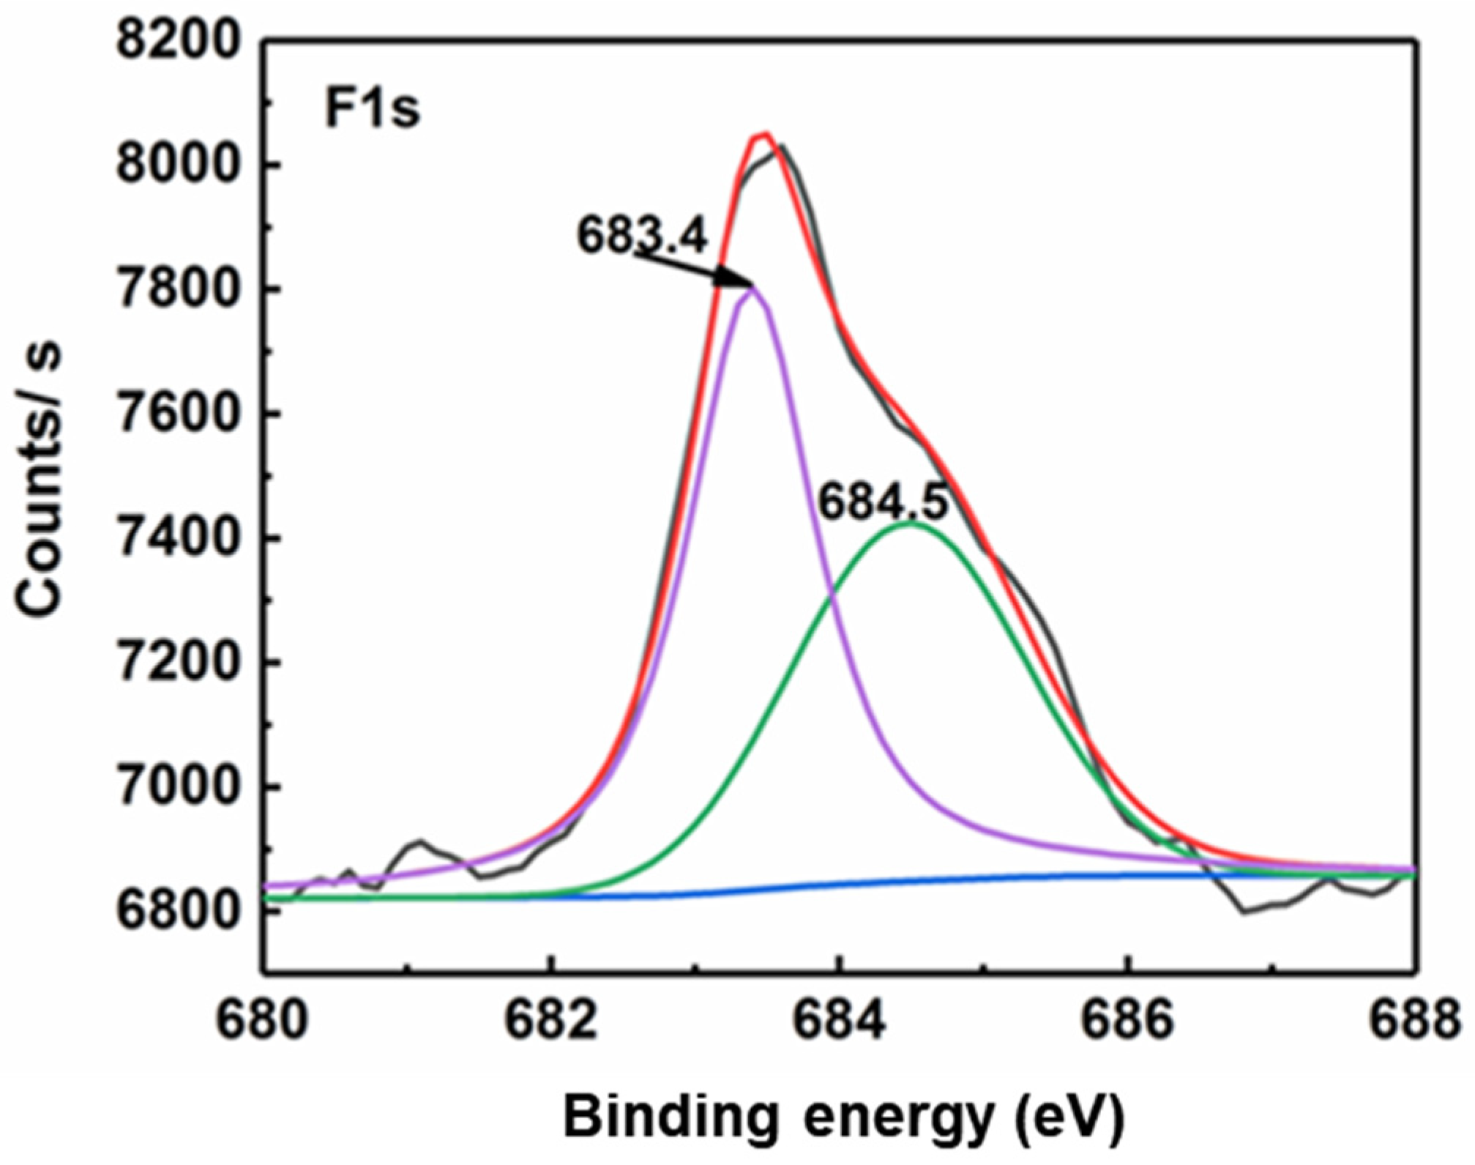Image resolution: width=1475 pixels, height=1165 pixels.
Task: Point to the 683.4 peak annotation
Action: coord(643,237)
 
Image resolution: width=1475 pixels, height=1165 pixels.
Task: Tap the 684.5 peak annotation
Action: coord(883,503)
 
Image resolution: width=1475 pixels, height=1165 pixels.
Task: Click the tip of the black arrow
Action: coord(752,285)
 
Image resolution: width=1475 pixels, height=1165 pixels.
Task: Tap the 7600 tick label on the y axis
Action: coord(179,414)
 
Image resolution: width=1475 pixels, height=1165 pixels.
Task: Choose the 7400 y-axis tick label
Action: coord(179,539)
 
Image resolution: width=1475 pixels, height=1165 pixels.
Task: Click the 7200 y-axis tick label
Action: coord(179,663)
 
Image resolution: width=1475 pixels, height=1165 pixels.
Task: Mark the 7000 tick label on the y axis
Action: coord(179,788)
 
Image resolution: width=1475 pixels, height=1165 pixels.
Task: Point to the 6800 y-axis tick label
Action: coord(179,912)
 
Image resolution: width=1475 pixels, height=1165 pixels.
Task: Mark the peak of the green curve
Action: coord(910,523)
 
